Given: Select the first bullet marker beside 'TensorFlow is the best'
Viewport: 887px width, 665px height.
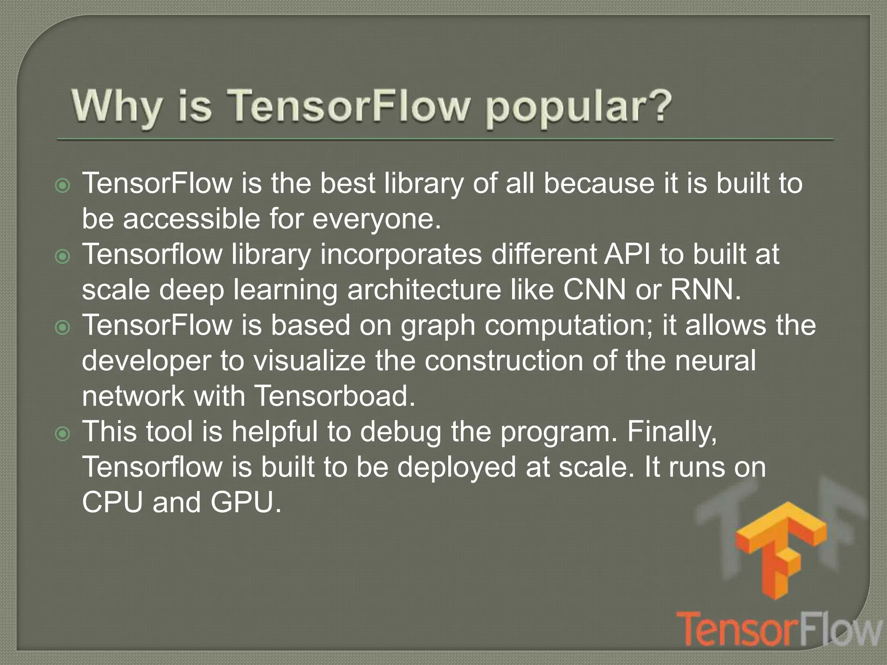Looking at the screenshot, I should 63,186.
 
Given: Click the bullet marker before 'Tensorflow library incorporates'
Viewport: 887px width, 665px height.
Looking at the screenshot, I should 63,257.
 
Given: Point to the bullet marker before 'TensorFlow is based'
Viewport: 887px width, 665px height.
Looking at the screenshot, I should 63,328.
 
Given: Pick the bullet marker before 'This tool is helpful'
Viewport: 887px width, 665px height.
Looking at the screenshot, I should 63,434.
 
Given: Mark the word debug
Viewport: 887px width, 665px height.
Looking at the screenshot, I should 401,433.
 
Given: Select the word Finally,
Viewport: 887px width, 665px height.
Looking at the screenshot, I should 672,432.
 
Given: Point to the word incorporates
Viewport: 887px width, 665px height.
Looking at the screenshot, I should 401,255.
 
